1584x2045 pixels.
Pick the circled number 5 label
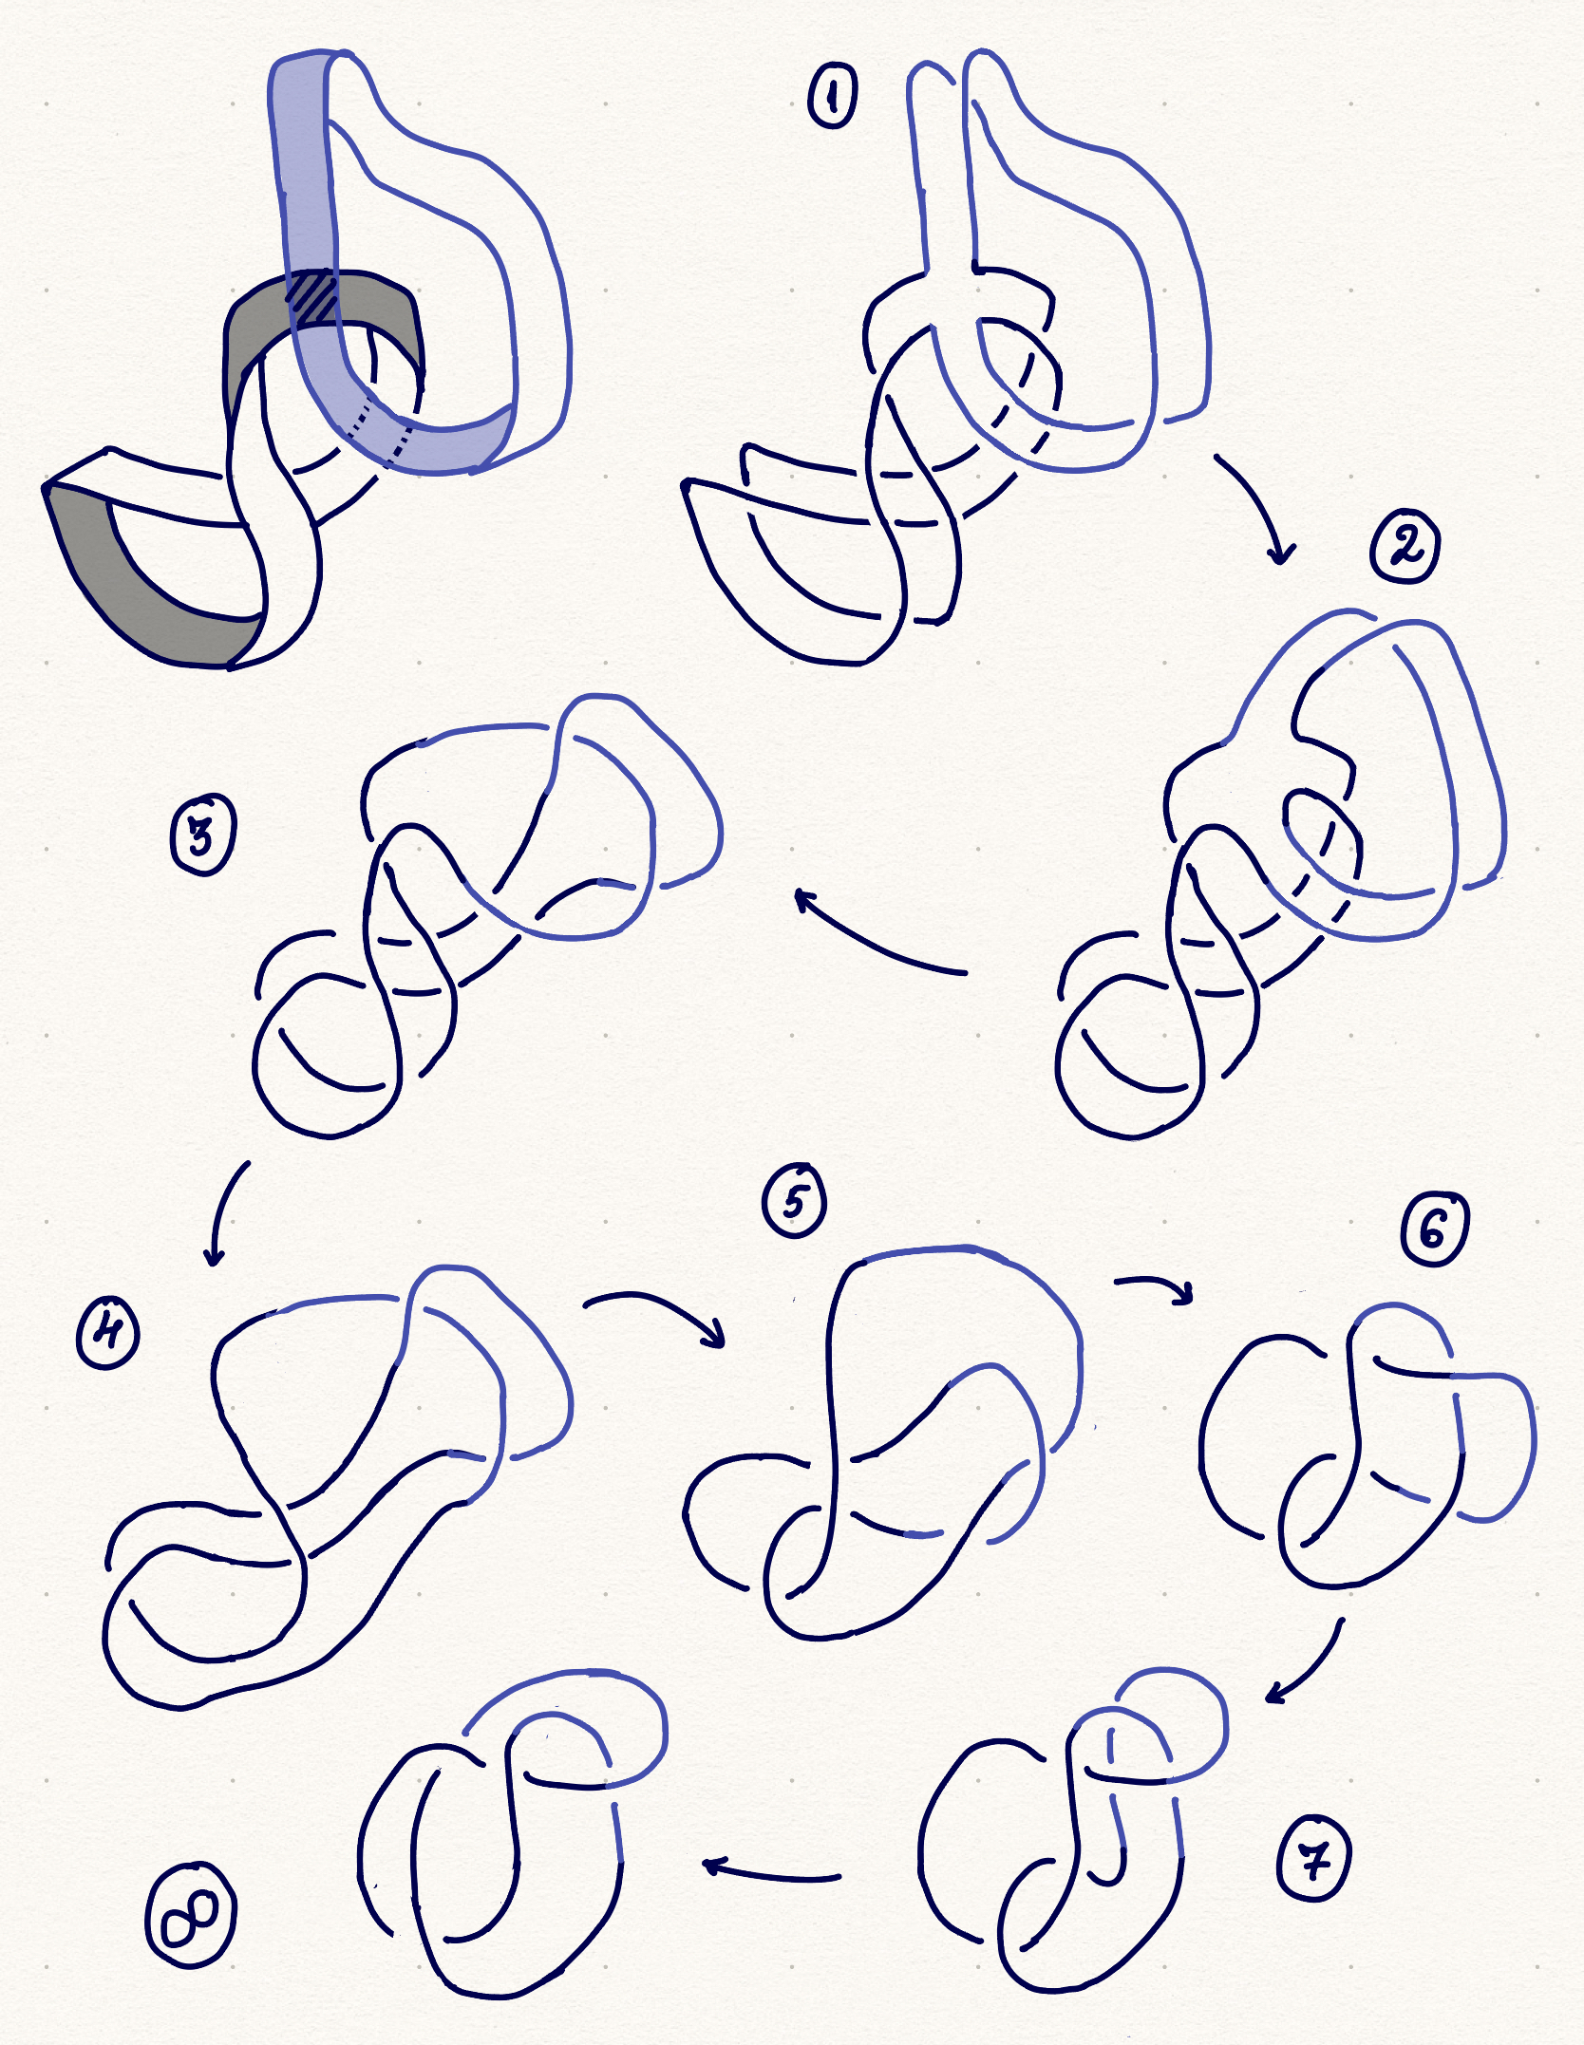[794, 1200]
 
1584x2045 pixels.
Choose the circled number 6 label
[1434, 1229]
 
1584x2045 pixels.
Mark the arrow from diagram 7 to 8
[771, 1871]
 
